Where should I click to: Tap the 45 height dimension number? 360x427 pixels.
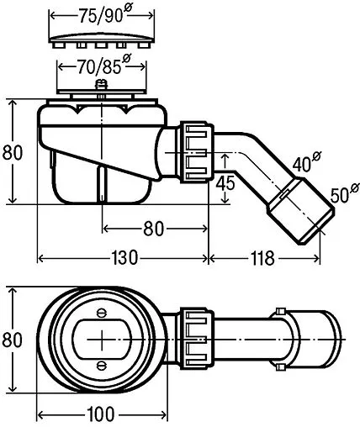[225, 183]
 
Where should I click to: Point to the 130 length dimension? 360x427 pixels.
[124, 258]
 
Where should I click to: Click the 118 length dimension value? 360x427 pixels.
[262, 258]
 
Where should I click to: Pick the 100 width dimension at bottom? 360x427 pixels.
[101, 414]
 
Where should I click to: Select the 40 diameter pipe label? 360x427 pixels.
[306, 161]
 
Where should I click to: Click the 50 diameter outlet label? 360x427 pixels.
[344, 193]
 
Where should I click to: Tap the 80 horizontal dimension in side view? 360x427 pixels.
[153, 229]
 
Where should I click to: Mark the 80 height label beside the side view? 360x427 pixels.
[13, 153]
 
